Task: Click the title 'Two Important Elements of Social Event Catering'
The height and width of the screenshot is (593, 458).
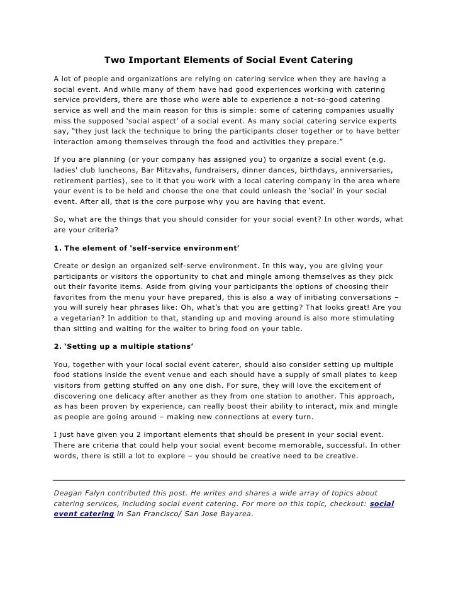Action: point(228,60)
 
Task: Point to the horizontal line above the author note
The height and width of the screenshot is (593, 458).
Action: point(229,480)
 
